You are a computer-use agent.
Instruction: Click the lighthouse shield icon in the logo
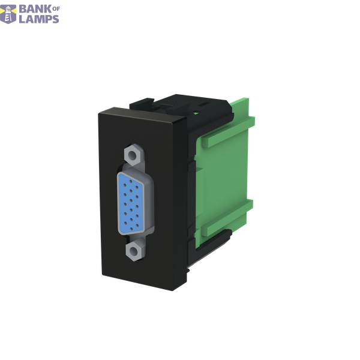point(8,14)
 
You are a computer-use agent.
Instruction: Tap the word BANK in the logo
point(35,9)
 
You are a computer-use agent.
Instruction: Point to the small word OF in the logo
point(56,9)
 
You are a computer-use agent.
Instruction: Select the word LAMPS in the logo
point(39,19)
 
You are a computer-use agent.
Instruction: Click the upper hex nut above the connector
point(133,155)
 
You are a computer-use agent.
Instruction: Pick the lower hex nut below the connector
point(134,251)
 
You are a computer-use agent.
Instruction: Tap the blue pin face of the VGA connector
point(131,204)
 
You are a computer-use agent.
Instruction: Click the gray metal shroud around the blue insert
point(149,202)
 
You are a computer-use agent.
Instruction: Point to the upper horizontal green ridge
point(228,132)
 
